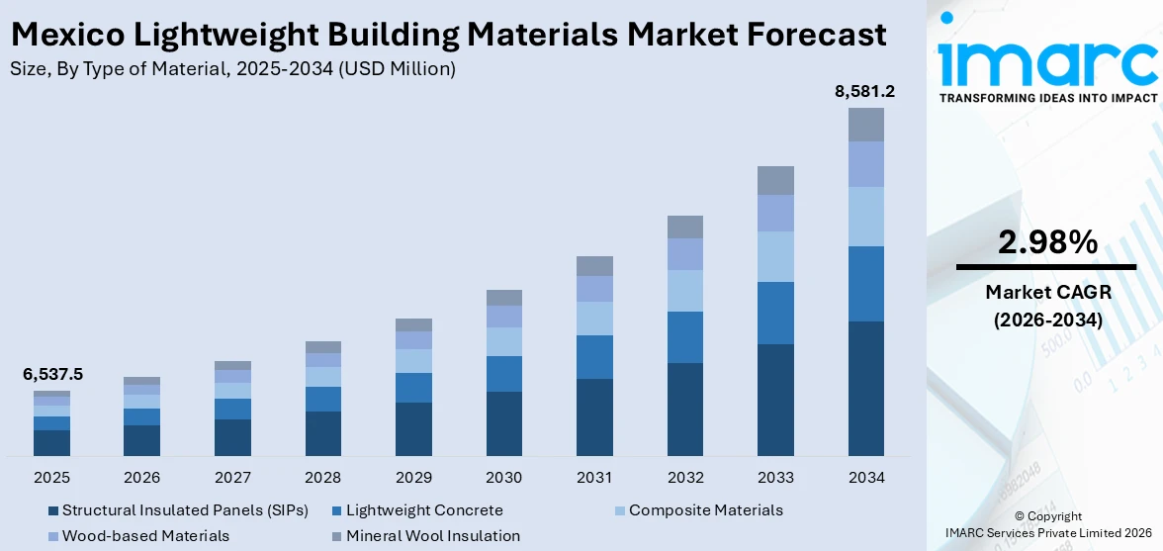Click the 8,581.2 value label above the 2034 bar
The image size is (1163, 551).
(x=865, y=92)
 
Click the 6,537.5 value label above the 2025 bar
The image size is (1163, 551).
(x=52, y=374)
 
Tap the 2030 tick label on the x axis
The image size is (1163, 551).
(x=503, y=478)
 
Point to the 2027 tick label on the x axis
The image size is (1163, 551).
(x=232, y=478)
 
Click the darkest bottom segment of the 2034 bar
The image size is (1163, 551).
(x=865, y=388)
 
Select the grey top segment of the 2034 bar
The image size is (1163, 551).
(x=865, y=125)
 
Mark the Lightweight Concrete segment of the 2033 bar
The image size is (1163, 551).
(x=775, y=313)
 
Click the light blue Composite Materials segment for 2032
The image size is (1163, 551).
(x=684, y=291)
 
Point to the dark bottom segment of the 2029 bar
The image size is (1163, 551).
(x=413, y=428)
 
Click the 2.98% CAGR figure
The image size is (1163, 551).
(x=1046, y=242)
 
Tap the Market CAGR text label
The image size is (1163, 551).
(x=1046, y=292)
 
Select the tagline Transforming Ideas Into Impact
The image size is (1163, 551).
(x=1046, y=98)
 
